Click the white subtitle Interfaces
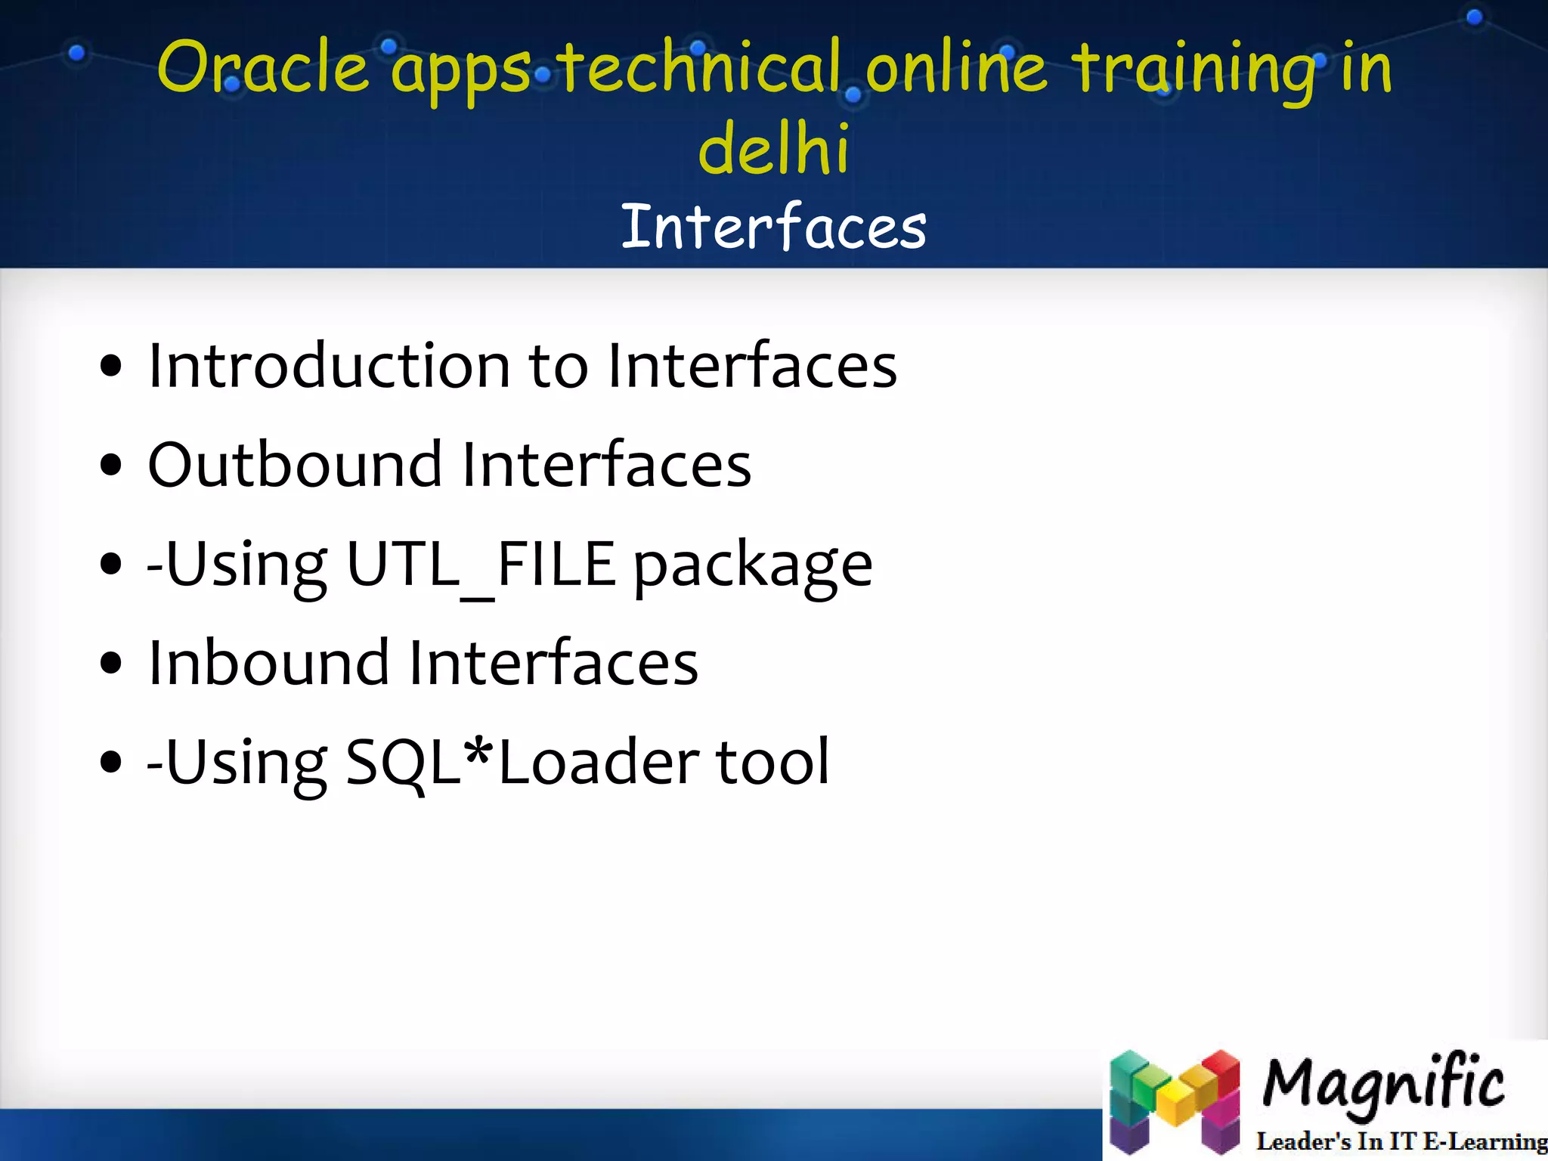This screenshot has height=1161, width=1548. click(x=774, y=227)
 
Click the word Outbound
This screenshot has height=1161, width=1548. click(x=295, y=465)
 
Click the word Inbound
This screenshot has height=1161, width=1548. click(x=268, y=663)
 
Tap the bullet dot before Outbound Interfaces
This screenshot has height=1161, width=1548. click(x=110, y=466)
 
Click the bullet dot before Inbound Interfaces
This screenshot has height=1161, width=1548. click(x=110, y=664)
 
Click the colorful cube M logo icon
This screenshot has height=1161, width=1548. click(x=1175, y=1102)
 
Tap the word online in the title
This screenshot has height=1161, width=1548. click(x=956, y=68)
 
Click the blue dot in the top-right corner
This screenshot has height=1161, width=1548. click(x=1474, y=17)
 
